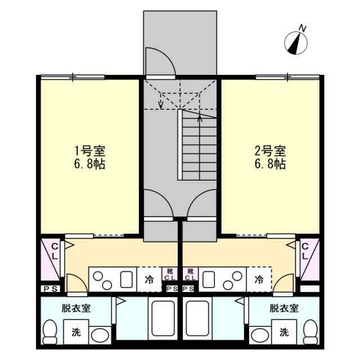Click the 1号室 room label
(x=90, y=151)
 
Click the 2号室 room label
(x=270, y=151)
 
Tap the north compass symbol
(x=296, y=41)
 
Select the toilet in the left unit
(x=50, y=332)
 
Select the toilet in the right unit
(x=310, y=332)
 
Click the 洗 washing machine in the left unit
(x=76, y=332)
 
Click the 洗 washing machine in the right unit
(x=284, y=332)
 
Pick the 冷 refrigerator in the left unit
(x=150, y=280)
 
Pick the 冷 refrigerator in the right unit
(x=259, y=280)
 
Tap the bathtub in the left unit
(x=163, y=318)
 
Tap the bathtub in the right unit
(x=197, y=318)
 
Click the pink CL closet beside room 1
(x=51, y=259)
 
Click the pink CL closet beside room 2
(x=309, y=259)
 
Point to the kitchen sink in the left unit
(x=126, y=280)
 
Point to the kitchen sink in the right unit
(x=209, y=280)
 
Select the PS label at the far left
(x=51, y=289)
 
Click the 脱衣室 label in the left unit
(x=76, y=308)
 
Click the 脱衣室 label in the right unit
(x=284, y=308)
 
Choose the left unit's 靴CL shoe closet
(x=170, y=274)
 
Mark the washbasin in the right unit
(x=260, y=335)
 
